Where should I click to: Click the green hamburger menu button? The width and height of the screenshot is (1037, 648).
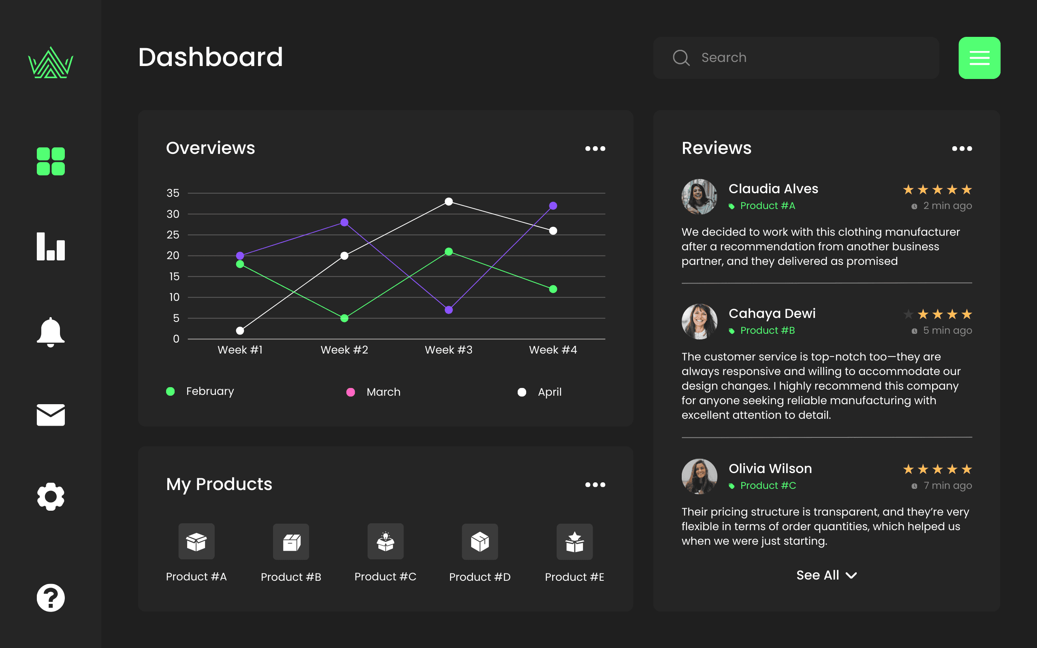[979, 58]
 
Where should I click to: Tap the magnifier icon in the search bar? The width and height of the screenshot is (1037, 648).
[681, 58]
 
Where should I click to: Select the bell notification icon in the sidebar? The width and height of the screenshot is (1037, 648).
[51, 332]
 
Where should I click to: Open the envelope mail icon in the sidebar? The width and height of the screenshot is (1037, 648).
[51, 414]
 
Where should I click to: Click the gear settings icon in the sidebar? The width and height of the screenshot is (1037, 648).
[51, 497]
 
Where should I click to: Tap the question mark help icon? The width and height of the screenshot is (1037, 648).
[51, 598]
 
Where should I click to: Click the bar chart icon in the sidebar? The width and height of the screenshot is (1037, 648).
[51, 246]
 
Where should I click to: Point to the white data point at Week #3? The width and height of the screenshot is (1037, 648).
[449, 201]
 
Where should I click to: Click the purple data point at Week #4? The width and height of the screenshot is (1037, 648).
[553, 206]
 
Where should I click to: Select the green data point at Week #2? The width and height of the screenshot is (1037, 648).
[344, 318]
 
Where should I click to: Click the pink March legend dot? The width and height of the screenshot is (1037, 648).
[350, 392]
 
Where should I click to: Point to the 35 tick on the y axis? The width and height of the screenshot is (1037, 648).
[173, 193]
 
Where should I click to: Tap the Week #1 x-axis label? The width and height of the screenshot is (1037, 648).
[240, 350]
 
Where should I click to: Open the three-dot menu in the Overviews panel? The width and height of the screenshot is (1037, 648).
[595, 149]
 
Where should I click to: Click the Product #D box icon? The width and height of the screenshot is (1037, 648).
[480, 542]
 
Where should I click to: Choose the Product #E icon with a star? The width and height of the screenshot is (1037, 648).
[575, 542]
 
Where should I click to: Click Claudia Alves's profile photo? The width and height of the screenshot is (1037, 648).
[699, 197]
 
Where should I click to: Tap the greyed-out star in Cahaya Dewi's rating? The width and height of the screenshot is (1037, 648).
[908, 315]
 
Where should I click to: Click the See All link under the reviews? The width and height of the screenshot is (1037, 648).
[827, 575]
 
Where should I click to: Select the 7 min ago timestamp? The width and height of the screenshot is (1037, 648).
[947, 486]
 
